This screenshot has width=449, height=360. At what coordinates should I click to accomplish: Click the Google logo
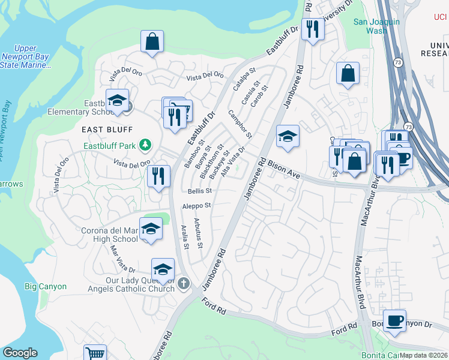20,353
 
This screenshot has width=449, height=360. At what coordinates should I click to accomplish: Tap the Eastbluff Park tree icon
145,145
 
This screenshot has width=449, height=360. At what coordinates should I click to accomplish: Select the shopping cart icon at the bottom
95,353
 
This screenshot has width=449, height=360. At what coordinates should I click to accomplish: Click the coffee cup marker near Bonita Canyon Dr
394,320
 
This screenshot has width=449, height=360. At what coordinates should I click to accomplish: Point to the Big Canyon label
46,287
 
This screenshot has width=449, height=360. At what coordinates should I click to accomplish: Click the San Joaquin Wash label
376,26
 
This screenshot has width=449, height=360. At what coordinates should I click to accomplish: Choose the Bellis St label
200,191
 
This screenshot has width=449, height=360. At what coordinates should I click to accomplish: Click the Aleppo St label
197,206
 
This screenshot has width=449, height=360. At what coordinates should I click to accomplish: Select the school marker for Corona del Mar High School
151,228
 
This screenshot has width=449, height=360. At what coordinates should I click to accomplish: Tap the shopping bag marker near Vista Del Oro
152,41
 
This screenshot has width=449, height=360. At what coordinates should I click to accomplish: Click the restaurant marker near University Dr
312,29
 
